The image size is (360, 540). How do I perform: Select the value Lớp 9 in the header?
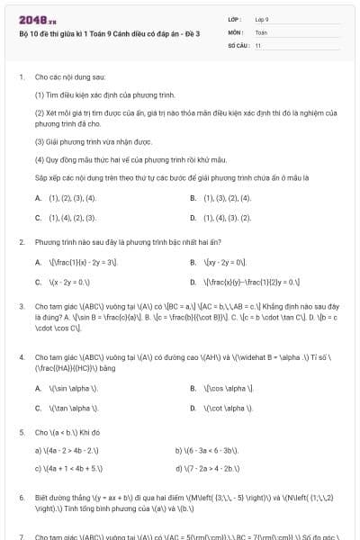[x=263, y=18]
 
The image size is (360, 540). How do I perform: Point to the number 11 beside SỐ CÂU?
[x=258, y=44]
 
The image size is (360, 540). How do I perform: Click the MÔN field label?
[x=238, y=31]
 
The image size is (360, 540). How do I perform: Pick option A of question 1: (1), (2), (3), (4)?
[x=71, y=198]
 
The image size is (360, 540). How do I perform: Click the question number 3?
[x=21, y=306]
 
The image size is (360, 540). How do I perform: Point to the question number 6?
[x=21, y=497]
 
